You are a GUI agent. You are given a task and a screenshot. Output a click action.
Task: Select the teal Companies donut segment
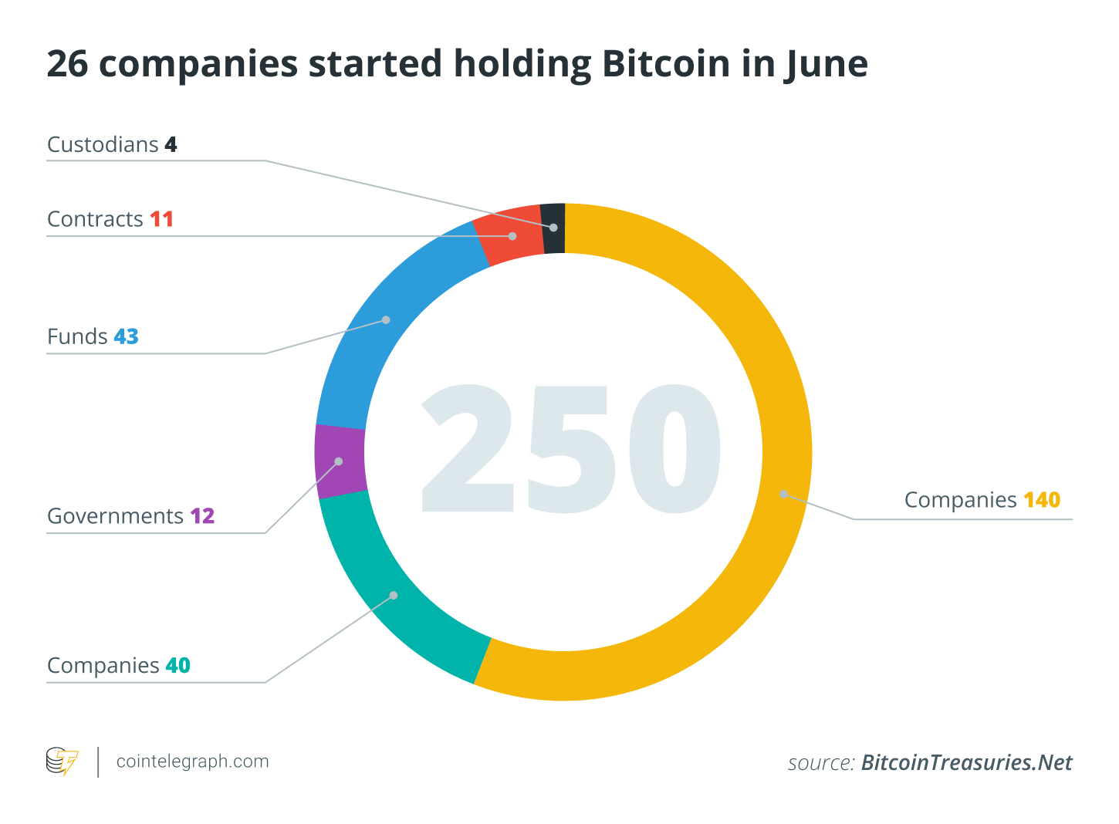(394, 596)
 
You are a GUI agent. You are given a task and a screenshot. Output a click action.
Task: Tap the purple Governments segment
(340, 461)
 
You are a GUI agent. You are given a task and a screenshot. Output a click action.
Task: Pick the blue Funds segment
(386, 320)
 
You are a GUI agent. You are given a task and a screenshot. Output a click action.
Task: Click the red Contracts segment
(512, 236)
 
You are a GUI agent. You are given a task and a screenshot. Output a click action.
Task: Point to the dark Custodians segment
(553, 228)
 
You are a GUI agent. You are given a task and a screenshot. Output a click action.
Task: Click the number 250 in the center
(570, 449)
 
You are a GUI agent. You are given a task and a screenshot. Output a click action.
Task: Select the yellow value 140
(1042, 500)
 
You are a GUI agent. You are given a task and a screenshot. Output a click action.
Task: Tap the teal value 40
(177, 665)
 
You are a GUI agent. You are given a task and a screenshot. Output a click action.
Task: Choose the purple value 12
(202, 515)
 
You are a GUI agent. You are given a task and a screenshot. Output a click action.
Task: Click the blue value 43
(126, 336)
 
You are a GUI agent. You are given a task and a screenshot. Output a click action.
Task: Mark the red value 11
(161, 219)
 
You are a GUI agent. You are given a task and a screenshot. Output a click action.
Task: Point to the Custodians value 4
(171, 144)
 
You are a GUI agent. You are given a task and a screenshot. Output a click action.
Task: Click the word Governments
(115, 515)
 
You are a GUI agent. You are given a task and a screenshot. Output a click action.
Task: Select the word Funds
(77, 336)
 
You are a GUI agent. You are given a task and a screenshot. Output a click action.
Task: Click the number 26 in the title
(67, 63)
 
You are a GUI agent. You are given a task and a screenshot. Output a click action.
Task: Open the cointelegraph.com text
(192, 762)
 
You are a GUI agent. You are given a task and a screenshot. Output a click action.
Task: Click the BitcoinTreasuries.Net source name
(966, 762)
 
